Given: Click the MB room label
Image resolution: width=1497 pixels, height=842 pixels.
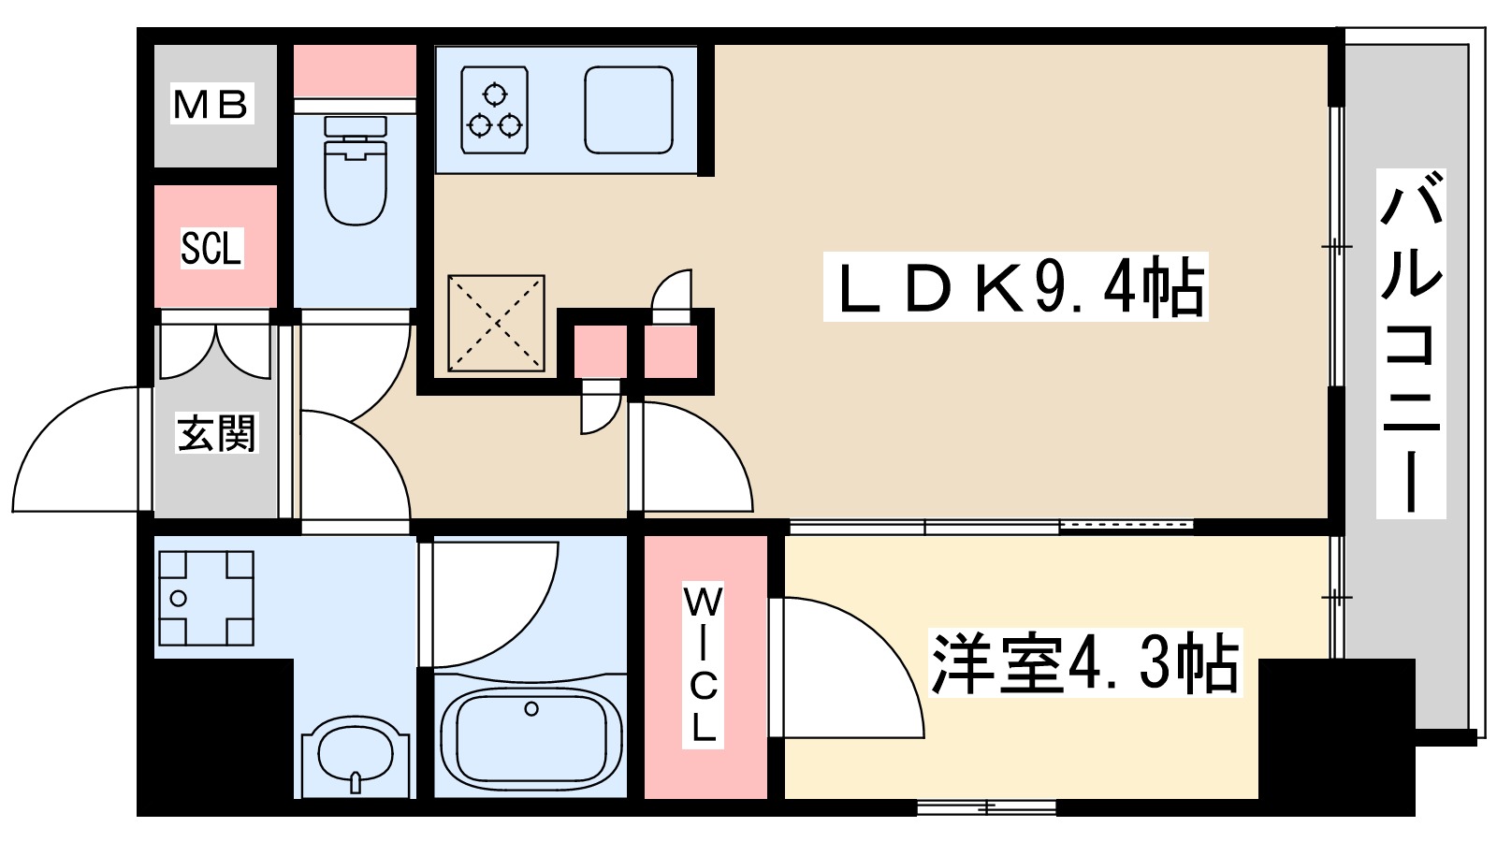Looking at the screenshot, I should (212, 105).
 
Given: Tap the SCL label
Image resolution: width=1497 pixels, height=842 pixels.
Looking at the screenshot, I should (211, 248).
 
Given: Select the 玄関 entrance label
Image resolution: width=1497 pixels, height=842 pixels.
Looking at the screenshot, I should (216, 433).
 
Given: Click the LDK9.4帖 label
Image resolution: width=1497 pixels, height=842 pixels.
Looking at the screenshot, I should (1016, 287).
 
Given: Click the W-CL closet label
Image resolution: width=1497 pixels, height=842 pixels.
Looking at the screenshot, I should (704, 664).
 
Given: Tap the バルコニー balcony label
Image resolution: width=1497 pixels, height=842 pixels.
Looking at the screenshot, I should (1411, 343).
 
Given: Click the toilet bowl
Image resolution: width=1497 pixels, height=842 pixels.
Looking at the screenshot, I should (356, 178).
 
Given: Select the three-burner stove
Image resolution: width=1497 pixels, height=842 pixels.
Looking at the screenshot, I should (495, 109).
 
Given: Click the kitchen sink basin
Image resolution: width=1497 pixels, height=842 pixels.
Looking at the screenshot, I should (629, 109).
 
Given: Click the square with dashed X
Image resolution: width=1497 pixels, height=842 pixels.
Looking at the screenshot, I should (496, 323).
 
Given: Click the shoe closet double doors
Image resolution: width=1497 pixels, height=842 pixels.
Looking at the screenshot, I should (216, 352).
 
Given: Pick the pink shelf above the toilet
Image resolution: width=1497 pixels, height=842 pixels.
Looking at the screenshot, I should (355, 70).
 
